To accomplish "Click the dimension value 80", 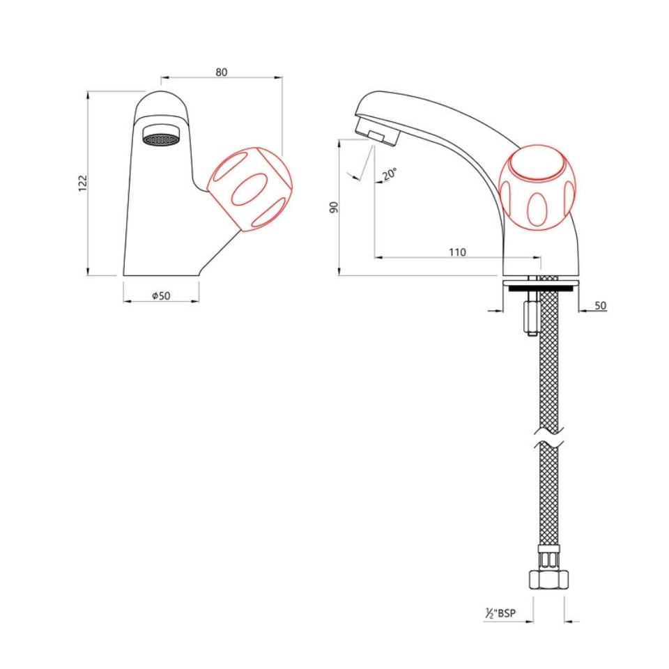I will [222, 72].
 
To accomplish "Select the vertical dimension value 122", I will [82, 183].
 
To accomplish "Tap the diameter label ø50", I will [161, 295].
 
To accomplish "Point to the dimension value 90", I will [334, 207].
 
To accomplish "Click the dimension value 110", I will [456, 252].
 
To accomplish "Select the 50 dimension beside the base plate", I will [600, 305].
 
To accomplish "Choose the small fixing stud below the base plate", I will [531, 317].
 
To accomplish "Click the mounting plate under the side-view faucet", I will [539, 283].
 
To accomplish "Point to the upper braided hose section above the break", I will [549, 369].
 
